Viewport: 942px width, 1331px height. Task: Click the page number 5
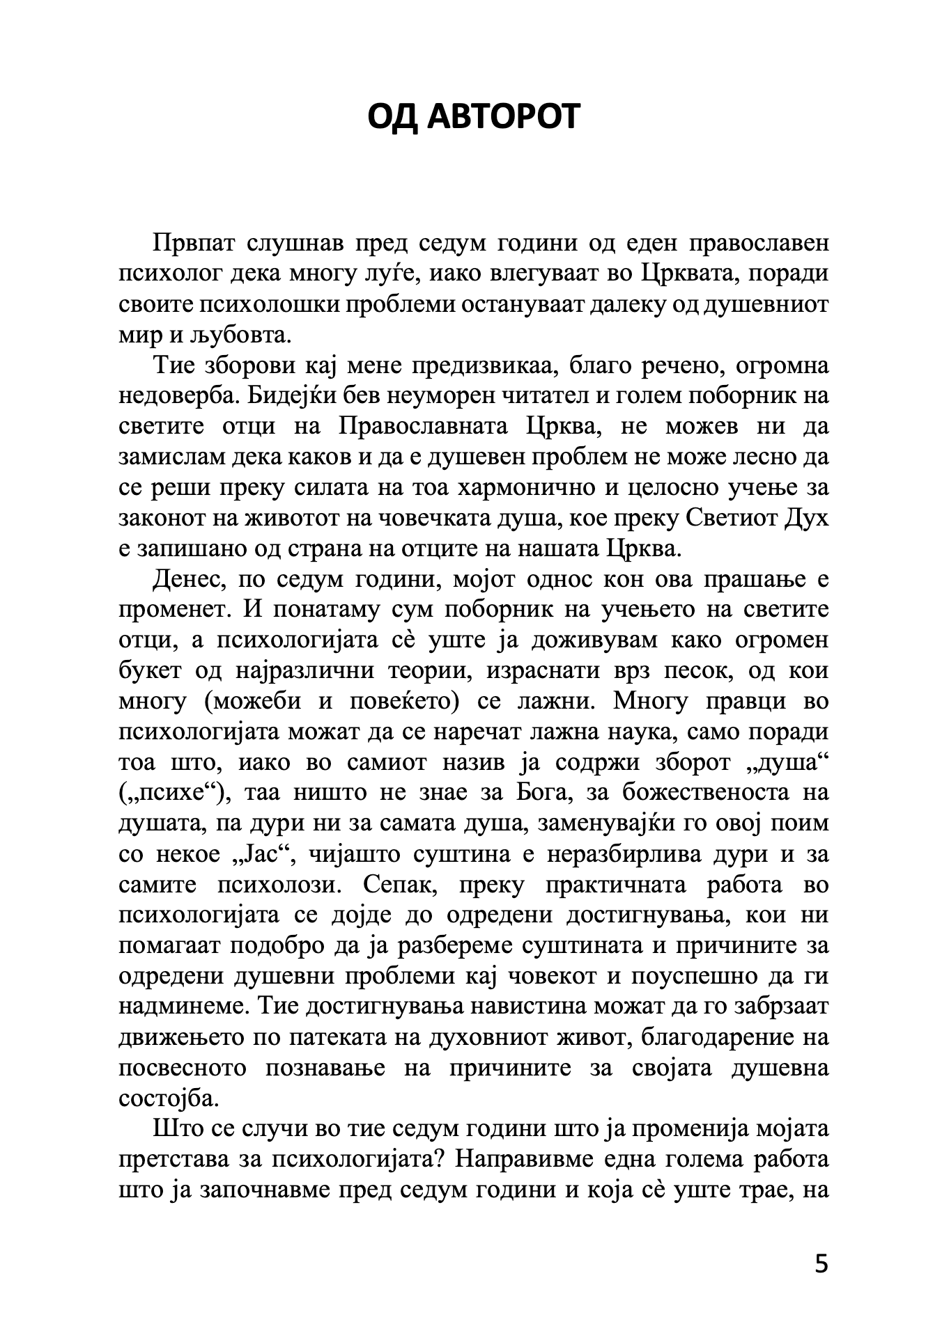click(821, 1263)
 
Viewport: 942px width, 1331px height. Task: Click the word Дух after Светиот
click(808, 518)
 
